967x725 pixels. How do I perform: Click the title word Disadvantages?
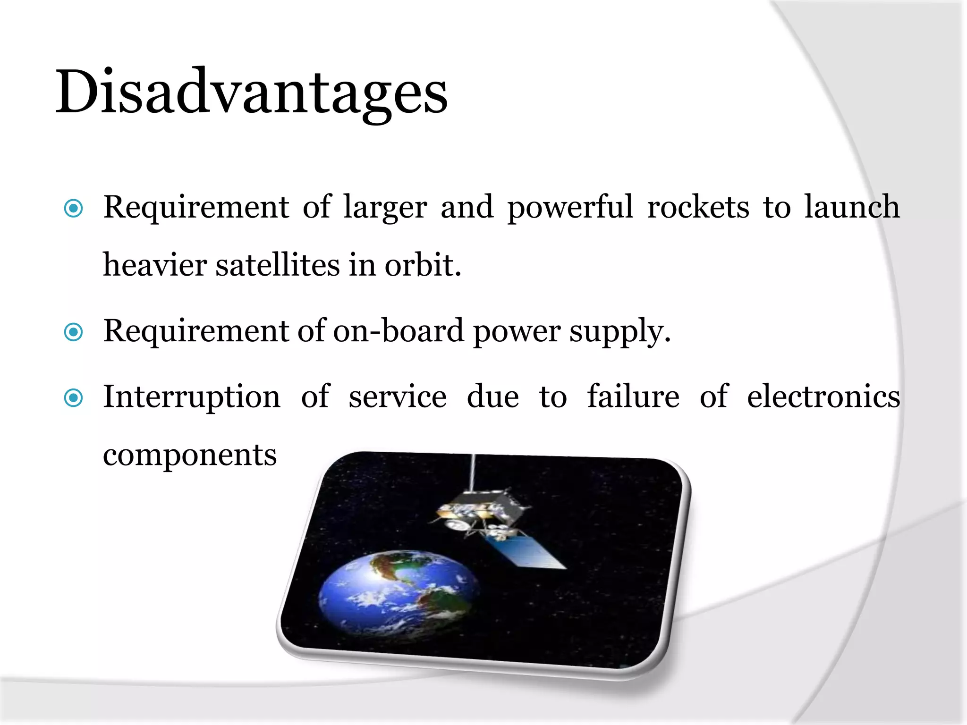coord(251,92)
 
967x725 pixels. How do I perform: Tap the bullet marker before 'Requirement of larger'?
coord(74,208)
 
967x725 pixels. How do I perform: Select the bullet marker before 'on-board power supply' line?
coord(74,332)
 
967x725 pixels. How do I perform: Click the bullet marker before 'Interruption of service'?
coord(74,398)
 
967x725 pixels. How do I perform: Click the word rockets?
coord(698,208)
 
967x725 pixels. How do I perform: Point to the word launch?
coord(852,208)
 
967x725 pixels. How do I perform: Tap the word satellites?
coord(278,265)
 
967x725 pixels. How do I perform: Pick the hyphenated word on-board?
coord(399,331)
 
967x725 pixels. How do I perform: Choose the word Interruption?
coord(192,397)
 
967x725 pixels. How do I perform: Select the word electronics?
coord(823,397)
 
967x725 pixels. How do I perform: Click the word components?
coord(190,456)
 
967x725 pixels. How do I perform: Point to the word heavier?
coord(155,265)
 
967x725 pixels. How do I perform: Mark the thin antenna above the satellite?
coord(472,472)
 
